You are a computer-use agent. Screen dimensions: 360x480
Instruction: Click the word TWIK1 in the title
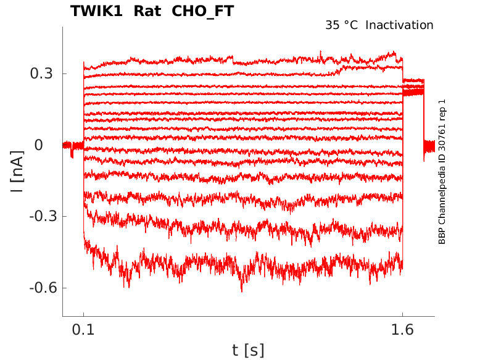pyautogui.click(x=96, y=11)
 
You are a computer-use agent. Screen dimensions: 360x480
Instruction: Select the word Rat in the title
pyautogui.click(x=146, y=11)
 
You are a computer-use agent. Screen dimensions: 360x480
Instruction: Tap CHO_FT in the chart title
pyautogui.click(x=202, y=11)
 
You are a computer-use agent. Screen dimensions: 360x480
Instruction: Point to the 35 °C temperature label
pyautogui.click(x=341, y=25)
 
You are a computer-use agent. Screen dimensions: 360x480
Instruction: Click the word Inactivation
pyautogui.click(x=400, y=25)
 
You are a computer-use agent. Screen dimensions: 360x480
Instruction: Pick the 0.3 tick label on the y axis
pyautogui.click(x=42, y=73)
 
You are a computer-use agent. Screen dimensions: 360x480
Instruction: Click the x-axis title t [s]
pyautogui.click(x=248, y=351)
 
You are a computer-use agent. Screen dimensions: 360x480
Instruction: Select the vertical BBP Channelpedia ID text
pyautogui.click(x=442, y=172)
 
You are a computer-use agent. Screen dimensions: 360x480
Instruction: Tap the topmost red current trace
pyautogui.click(x=247, y=61)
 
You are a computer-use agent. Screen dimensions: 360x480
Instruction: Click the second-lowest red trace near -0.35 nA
pyautogui.click(x=247, y=230)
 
